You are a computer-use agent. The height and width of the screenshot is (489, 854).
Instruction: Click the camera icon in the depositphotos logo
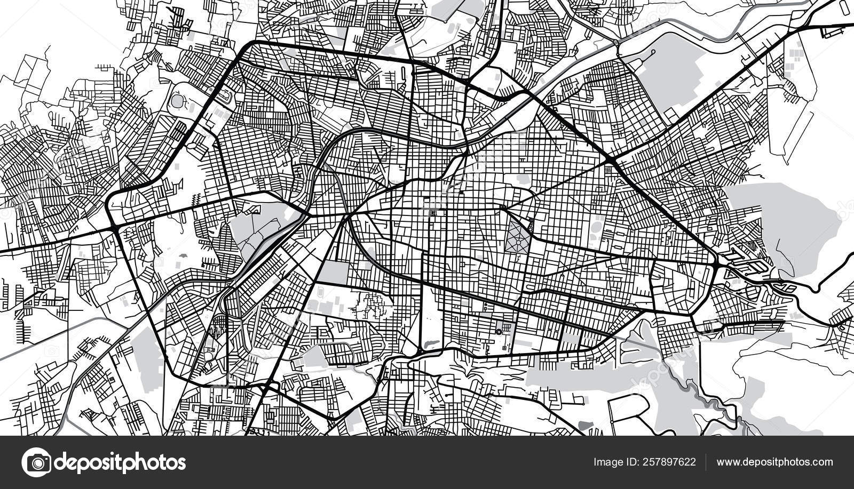pyautogui.click(x=36, y=462)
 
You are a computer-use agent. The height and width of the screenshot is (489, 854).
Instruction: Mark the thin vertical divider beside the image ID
pyautogui.click(x=706, y=462)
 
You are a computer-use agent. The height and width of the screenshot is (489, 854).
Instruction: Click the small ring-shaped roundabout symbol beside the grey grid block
pyautogui.click(x=499, y=332)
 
